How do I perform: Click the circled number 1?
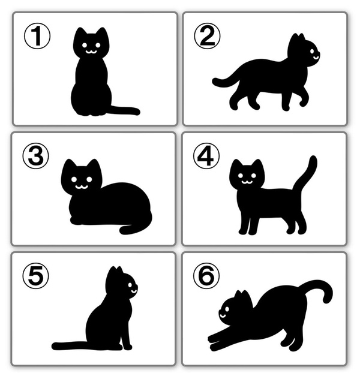tap(37, 36)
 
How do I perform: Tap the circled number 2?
tap(207, 36)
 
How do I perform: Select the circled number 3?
tap(36, 156)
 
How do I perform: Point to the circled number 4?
tap(206, 156)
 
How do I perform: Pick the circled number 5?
tap(36, 276)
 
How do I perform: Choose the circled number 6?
tap(206, 276)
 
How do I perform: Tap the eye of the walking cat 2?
tap(312, 51)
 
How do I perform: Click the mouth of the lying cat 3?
tap(82, 186)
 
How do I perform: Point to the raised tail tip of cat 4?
tap(314, 159)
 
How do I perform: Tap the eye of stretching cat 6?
tap(226, 309)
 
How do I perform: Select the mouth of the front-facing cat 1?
tap(91, 52)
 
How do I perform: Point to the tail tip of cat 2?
tap(215, 82)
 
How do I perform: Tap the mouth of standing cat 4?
tap(247, 182)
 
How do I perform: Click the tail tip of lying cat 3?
tap(123, 230)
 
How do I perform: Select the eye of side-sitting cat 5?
tap(130, 285)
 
